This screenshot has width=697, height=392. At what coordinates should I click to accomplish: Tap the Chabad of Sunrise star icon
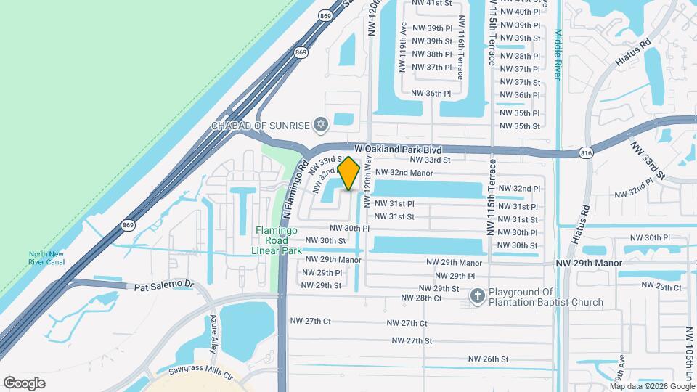click(321, 126)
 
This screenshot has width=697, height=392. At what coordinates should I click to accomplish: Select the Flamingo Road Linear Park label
click(277, 240)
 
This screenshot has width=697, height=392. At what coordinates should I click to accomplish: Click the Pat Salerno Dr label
click(166, 287)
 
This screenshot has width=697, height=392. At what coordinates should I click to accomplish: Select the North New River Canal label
click(48, 258)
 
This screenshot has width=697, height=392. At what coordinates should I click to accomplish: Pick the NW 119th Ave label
click(402, 47)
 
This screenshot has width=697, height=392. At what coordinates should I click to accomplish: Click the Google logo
click(24, 383)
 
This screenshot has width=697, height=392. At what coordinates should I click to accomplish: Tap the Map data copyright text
click(651, 386)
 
